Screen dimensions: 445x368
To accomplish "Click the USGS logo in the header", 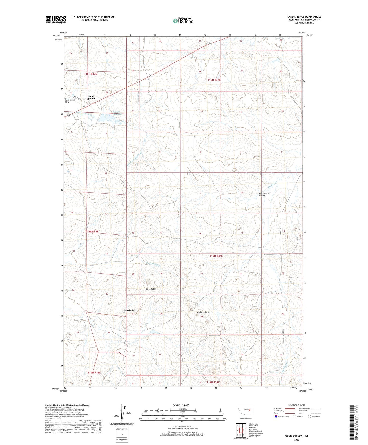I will [x=56, y=20].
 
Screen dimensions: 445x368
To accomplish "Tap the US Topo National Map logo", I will [x=183, y=21].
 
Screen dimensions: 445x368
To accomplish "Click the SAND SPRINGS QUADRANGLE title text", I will [x=304, y=17].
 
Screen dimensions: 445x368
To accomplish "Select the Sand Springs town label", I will [x=91, y=98].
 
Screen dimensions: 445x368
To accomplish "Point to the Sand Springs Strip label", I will [x=70, y=101].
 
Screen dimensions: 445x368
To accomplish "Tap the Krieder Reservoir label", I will [x=117, y=113].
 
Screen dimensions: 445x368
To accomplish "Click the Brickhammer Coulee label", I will [x=265, y=194].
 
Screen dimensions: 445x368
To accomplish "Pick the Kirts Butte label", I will [x=151, y=289].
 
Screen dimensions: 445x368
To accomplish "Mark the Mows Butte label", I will [x=129, y=310].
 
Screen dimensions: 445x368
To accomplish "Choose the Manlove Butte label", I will [x=203, y=312].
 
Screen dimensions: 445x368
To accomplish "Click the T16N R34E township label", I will [x=214, y=80].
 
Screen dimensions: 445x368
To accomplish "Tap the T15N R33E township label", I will [x=92, y=231].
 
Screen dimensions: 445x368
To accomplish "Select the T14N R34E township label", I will [x=213, y=382].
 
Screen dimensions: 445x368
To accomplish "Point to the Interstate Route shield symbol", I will [x=276, y=416].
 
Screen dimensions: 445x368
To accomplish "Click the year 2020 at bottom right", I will [x=296, y=440].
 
